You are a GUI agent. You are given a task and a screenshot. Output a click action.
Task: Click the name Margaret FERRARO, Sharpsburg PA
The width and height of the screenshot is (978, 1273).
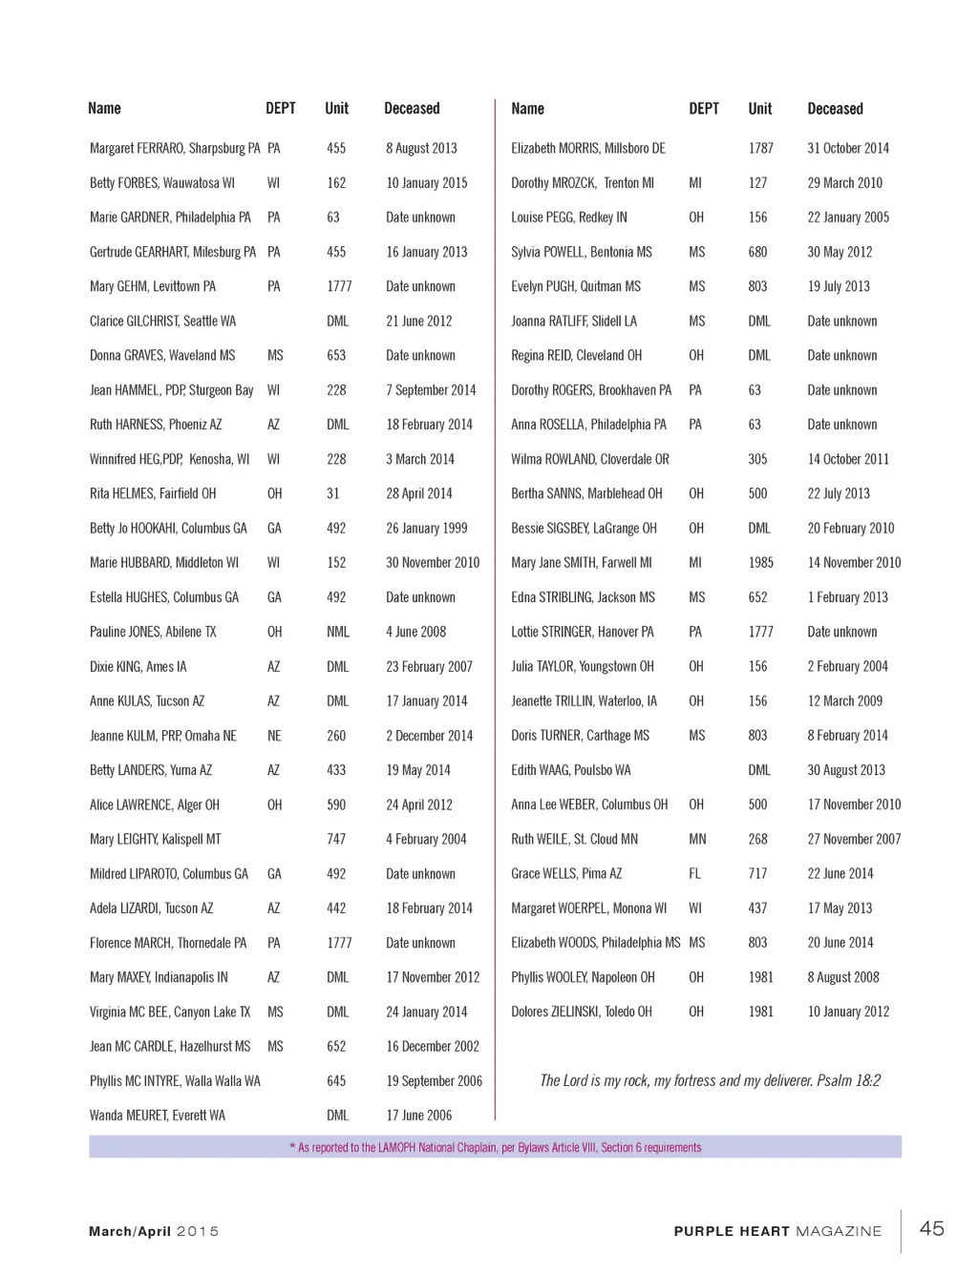point(175,148)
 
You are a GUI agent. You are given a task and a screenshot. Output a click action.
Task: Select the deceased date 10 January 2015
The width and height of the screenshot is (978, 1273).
point(427,182)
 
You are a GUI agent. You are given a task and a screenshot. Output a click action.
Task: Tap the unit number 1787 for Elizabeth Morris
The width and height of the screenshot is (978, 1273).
point(760,148)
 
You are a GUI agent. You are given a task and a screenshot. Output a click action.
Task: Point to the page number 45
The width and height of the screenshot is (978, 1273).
point(931,1228)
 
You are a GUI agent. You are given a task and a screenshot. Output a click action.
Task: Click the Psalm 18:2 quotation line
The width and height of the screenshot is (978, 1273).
point(710,1080)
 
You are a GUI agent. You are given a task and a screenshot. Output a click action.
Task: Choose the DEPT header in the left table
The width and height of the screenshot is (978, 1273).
point(280,109)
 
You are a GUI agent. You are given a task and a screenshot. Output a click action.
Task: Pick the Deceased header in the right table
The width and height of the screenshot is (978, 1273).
point(835,109)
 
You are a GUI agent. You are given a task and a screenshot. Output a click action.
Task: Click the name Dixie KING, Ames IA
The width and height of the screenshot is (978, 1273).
point(138,666)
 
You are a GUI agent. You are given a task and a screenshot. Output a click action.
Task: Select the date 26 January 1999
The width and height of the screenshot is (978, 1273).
point(427,528)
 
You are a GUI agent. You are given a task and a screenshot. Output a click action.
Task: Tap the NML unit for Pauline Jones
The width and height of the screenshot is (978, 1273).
point(337,632)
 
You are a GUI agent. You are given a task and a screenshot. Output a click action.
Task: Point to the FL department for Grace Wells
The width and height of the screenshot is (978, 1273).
point(694,873)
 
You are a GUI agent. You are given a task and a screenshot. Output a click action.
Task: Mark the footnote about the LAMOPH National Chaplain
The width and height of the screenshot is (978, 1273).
point(495,1147)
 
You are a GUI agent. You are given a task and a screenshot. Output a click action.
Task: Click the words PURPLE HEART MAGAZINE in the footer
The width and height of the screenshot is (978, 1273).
point(777,1231)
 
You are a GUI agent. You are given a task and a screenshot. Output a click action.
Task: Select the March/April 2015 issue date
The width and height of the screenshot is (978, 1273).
point(154,1231)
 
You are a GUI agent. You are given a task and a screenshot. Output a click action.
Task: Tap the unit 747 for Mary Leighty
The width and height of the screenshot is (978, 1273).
point(336,839)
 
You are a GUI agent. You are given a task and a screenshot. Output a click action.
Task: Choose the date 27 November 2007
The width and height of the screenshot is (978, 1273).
point(854,839)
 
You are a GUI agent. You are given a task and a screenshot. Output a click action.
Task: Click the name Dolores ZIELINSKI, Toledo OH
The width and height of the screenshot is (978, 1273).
point(582,1012)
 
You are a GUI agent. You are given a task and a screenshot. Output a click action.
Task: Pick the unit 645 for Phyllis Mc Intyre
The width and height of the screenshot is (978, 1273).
point(336,1080)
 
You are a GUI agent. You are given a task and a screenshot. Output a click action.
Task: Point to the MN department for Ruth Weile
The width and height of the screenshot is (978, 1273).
point(697,839)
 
